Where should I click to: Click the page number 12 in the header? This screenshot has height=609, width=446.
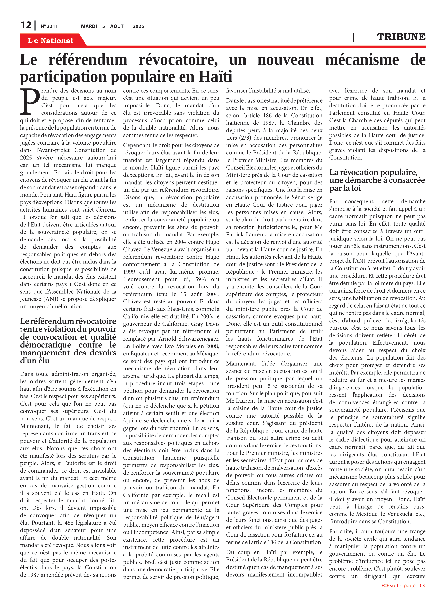26,25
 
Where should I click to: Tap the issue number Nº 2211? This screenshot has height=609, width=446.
49,26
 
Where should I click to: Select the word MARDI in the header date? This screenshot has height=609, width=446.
89,26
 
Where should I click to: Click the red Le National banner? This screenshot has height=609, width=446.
50,41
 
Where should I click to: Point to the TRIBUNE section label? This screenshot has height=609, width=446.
401,37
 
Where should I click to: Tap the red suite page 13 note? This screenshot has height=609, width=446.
403,586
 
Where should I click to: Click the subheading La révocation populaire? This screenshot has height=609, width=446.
373,172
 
